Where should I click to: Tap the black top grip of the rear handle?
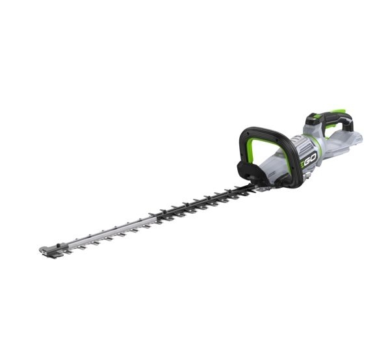[x=331, y=118]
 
